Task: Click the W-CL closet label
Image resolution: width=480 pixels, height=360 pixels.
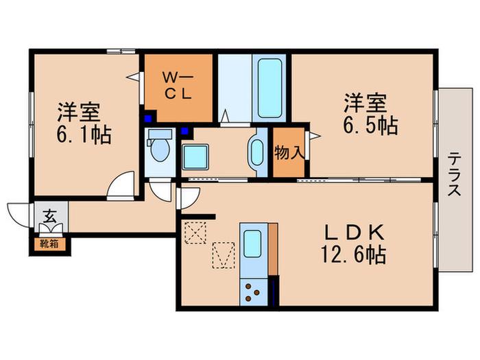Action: pyautogui.click(x=178, y=86)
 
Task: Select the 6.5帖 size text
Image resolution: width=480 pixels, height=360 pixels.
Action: pyautogui.click(x=370, y=125)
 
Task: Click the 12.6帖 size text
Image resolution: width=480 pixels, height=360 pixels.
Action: pyautogui.click(x=353, y=254)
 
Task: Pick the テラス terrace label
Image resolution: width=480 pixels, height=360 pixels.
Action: pyautogui.click(x=454, y=174)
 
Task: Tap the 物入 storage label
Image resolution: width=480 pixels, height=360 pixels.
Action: pyautogui.click(x=289, y=152)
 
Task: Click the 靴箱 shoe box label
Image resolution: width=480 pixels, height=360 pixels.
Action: pyautogui.click(x=49, y=244)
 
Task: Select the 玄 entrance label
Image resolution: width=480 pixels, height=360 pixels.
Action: pyautogui.click(x=49, y=217)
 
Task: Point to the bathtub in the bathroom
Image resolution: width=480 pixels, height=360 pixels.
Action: pyautogui.click(x=269, y=88)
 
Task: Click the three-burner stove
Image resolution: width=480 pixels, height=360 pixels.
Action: pyautogui.click(x=253, y=292)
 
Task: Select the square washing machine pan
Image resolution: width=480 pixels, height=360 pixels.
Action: pyautogui.click(x=195, y=157)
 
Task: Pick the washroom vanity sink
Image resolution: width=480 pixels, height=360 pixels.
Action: pyautogui.click(x=257, y=152)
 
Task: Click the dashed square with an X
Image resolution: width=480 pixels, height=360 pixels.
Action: pyautogui.click(x=195, y=232)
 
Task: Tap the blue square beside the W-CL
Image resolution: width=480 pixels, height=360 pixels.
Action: pyautogui.click(x=149, y=118)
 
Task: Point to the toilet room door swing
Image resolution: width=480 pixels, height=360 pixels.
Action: pyautogui.click(x=161, y=191)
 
